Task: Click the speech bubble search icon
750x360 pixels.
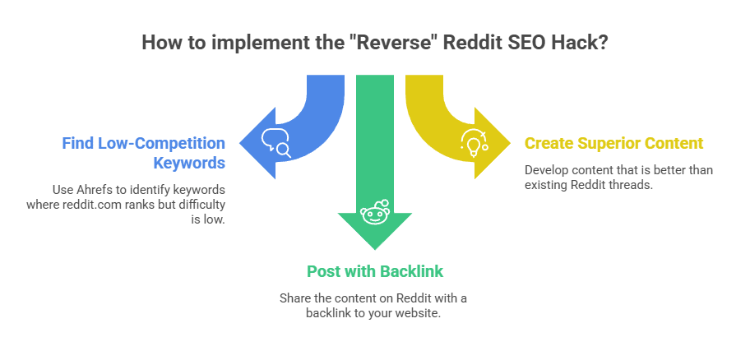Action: [275, 144]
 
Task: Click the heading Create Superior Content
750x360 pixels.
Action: [613, 143]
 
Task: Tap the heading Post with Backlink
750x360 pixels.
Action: [374, 270]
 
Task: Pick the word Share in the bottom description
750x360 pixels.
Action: [294, 298]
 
